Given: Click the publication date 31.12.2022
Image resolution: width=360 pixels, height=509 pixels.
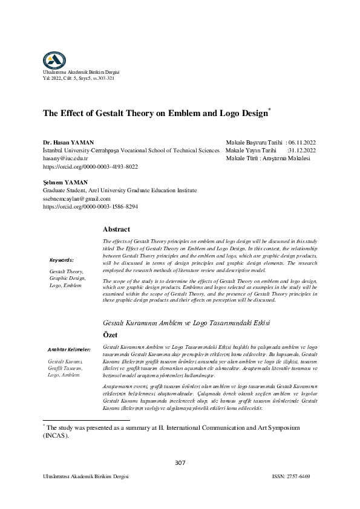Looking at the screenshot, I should tap(307, 149).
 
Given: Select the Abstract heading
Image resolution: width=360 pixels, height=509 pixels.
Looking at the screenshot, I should tap(117, 230).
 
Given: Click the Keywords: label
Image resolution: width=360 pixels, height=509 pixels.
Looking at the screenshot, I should tap(62, 259).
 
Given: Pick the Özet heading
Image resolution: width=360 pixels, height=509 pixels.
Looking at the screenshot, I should tap(113, 334).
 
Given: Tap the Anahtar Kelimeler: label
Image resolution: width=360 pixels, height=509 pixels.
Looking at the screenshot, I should tap(68, 349).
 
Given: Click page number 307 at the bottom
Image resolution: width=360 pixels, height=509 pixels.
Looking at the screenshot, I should tap(180, 463).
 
